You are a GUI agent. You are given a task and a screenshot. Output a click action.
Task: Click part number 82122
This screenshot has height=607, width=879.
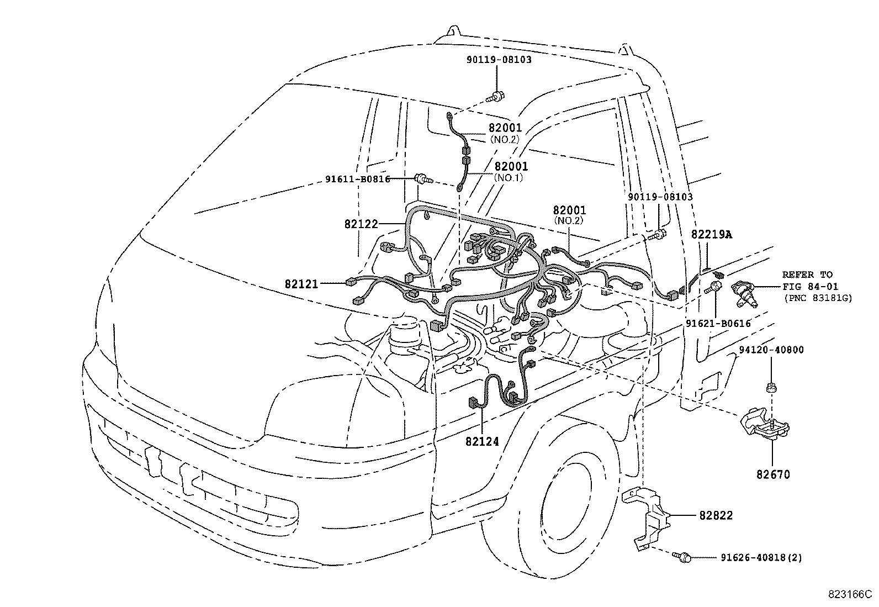coord(361,224)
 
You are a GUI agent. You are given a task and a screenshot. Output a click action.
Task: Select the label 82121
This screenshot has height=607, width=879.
coord(301,284)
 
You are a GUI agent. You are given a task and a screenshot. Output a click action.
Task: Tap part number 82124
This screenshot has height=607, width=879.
coord(481,441)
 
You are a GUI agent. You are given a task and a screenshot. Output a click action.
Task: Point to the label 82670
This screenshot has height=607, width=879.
coord(773,474)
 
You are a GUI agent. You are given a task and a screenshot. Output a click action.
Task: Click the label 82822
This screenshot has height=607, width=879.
coord(716,515)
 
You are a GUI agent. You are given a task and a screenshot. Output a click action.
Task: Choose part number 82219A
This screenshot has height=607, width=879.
coord(711,235)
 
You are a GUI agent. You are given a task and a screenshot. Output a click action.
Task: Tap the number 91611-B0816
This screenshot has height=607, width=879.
coord(357,179)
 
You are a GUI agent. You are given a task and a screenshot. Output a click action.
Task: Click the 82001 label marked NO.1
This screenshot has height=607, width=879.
coord(511,166)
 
